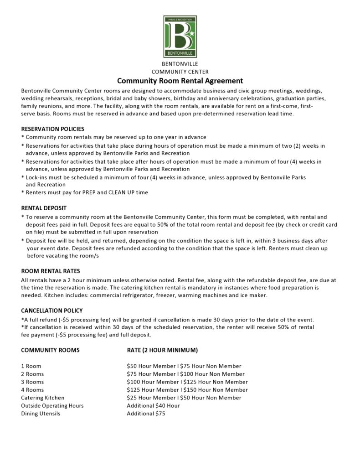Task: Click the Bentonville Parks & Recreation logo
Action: (x=180, y=36)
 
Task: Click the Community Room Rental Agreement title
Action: (x=180, y=81)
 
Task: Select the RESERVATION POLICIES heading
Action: (x=52, y=129)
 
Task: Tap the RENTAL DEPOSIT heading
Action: (x=44, y=208)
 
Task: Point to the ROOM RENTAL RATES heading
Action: (x=50, y=271)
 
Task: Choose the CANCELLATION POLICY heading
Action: (x=51, y=311)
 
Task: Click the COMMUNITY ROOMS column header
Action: (x=50, y=350)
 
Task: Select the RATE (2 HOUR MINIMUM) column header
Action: (x=162, y=350)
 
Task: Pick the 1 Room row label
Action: (x=31, y=366)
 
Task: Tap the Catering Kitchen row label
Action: (x=43, y=398)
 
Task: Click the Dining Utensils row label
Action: (x=41, y=414)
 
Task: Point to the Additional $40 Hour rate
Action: (x=153, y=405)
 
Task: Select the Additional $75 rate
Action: (x=146, y=414)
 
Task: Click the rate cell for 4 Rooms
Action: (x=187, y=390)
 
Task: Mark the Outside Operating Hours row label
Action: (x=52, y=405)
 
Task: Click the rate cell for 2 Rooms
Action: (x=185, y=374)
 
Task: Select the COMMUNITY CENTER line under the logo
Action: (x=180, y=72)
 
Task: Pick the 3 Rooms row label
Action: (x=32, y=382)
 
